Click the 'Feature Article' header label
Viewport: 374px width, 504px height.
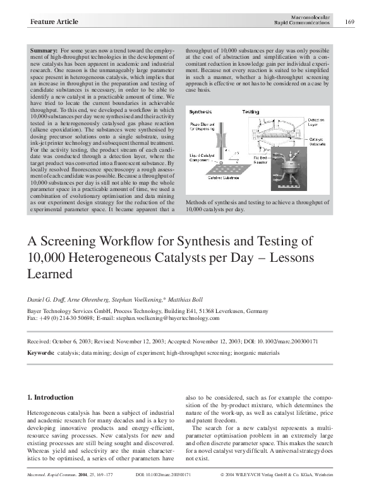pos(54,22)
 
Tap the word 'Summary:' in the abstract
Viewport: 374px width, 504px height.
pos(44,49)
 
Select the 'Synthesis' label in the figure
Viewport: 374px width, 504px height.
pos(205,111)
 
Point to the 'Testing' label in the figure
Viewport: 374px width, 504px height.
pos(250,111)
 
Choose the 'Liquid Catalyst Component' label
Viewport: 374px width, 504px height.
pos(204,157)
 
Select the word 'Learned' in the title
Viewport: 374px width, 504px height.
pos(50,274)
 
